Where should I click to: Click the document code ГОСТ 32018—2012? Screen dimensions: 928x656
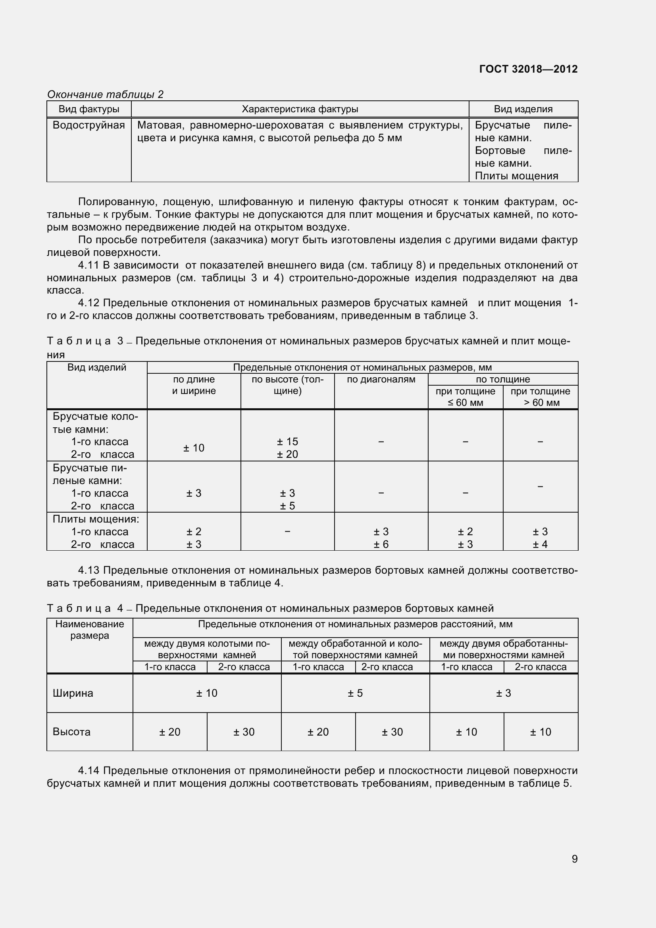click(528, 69)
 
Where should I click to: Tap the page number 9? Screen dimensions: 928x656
click(574, 859)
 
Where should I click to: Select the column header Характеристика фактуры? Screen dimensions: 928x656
click(300, 109)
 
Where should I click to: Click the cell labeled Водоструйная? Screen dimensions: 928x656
click(88, 125)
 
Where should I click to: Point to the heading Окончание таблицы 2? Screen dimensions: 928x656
click(105, 94)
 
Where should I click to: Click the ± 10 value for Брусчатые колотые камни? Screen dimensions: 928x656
click(194, 448)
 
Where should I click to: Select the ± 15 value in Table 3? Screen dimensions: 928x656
click(287, 441)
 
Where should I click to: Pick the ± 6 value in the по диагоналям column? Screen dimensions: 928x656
click(381, 544)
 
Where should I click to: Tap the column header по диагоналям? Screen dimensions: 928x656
click(381, 380)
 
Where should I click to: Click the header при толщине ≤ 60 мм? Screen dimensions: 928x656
click(465, 397)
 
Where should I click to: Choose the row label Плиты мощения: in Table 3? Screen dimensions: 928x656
click(96, 519)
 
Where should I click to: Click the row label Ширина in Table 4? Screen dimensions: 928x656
click(73, 693)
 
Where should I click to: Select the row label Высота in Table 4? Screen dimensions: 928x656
click(71, 732)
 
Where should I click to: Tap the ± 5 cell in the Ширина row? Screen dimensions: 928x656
click(355, 693)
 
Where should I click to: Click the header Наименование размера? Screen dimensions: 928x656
click(89, 629)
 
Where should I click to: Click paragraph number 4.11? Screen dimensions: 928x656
click(88, 265)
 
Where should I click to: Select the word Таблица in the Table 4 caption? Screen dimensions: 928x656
click(79, 608)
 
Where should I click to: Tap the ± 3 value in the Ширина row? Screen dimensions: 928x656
click(503, 693)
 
